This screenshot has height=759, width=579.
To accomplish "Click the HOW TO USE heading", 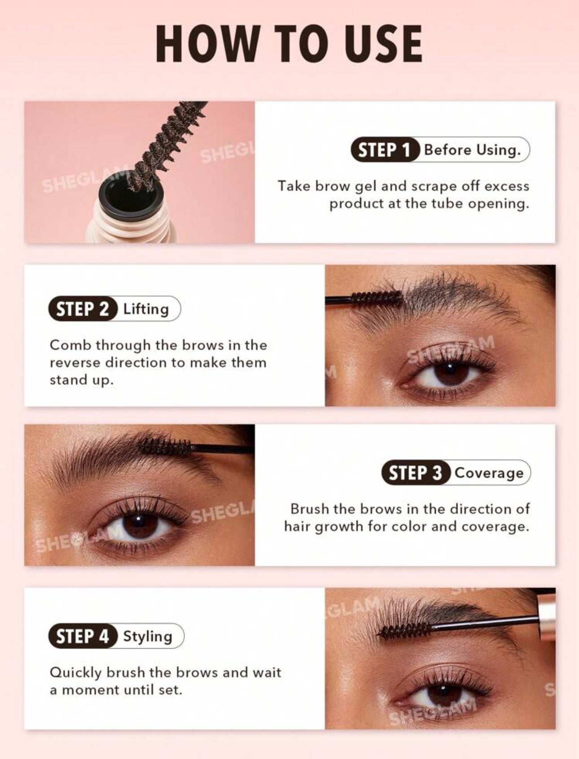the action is click(x=289, y=44).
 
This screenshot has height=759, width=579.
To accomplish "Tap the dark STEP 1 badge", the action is click(x=385, y=150).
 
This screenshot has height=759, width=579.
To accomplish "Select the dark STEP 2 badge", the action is click(x=83, y=309).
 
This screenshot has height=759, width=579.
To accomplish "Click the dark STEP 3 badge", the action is click(x=416, y=473).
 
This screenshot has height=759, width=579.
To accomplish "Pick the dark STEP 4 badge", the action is click(x=83, y=636).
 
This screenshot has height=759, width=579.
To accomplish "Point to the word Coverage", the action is click(x=489, y=473).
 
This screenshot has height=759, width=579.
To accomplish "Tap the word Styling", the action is click(x=148, y=637).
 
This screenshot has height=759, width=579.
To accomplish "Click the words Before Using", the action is click(x=472, y=150).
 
